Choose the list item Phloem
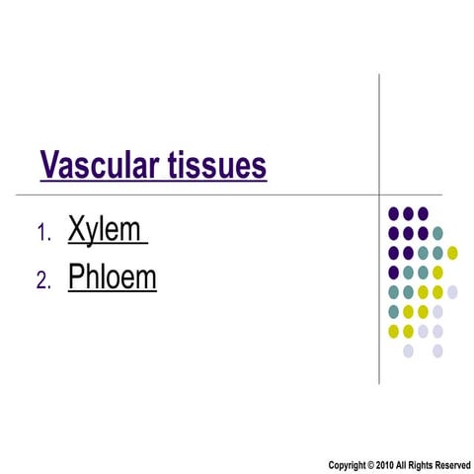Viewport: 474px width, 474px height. (112, 277)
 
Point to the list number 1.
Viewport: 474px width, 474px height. (42, 234)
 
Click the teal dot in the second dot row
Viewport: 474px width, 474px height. (437, 233)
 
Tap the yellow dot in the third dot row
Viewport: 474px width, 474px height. (452, 253)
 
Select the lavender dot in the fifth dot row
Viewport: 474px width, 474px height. (452, 291)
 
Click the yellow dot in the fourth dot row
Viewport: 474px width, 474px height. (437, 272)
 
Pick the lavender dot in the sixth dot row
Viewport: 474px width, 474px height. (437, 311)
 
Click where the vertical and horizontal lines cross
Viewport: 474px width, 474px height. (380, 194)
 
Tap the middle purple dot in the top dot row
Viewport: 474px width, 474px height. (408, 213)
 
